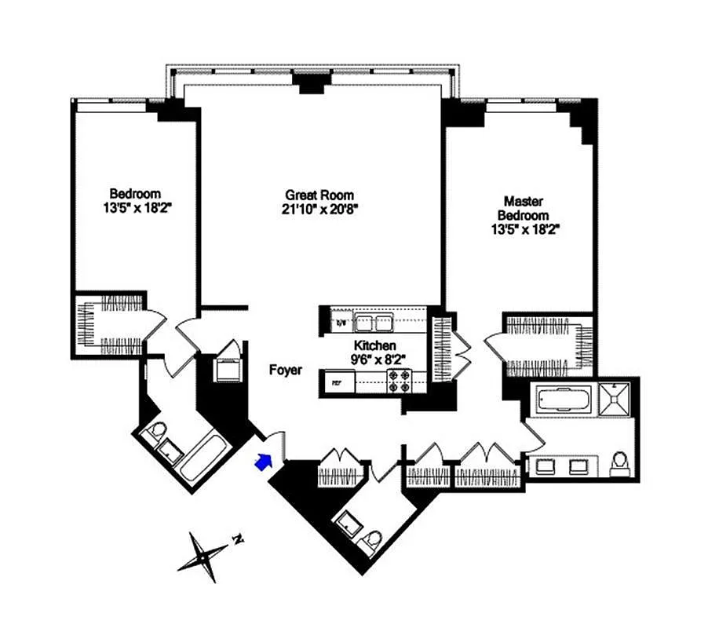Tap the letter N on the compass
[237, 539]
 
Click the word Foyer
[285, 371]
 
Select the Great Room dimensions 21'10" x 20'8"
[319, 209]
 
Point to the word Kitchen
[374, 345]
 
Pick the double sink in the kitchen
[372, 322]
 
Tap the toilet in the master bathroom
[619, 463]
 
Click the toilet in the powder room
[372, 539]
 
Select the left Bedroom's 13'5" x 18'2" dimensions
[135, 208]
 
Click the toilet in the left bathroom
[156, 430]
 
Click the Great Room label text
[319, 195]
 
